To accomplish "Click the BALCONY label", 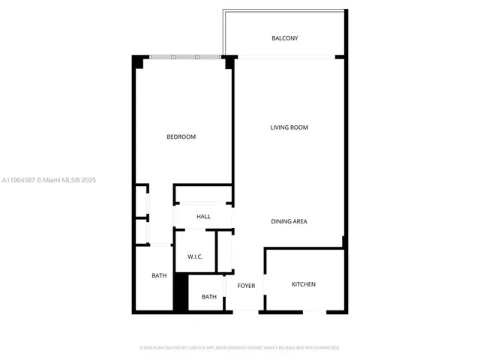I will tap(284, 38).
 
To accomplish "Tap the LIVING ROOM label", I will tap(289, 127).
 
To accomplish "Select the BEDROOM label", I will tap(181, 136).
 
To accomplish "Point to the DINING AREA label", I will tap(289, 221).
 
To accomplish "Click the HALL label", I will tap(203, 217).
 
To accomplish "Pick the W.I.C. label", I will tap(195, 256).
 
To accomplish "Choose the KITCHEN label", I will tap(303, 284).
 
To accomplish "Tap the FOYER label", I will tap(246, 286).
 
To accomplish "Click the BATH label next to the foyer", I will tap(208, 297).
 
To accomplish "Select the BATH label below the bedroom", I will tap(159, 275).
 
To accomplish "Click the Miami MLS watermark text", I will tap(49, 180).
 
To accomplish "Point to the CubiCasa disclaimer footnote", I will tap(240, 348).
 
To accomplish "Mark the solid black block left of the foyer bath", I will tap(180, 292).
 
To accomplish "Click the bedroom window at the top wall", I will tap(184, 57).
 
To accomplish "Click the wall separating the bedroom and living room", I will tap(233, 127).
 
